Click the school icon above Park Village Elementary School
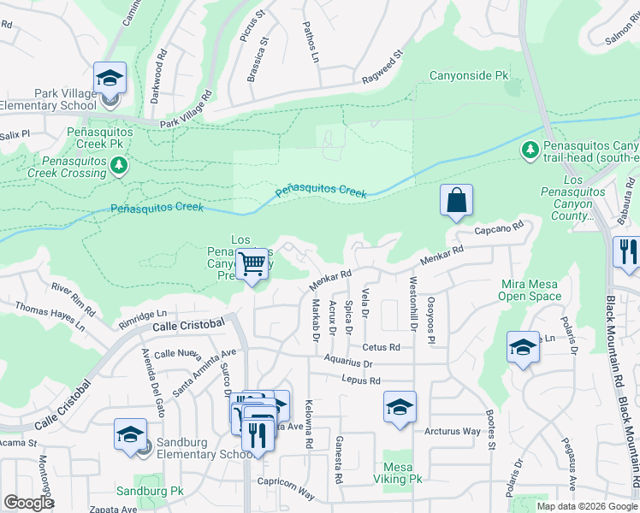click(x=110, y=80)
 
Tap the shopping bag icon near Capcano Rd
click(x=457, y=201)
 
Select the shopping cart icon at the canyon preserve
click(x=252, y=264)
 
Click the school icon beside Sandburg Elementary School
click(x=130, y=433)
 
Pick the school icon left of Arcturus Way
click(x=399, y=409)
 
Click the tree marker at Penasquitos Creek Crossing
click(x=121, y=165)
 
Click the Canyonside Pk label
click(x=469, y=76)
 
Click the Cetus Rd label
click(x=381, y=347)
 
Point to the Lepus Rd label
click(x=359, y=380)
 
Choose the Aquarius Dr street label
click(x=348, y=363)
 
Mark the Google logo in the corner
click(x=28, y=503)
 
